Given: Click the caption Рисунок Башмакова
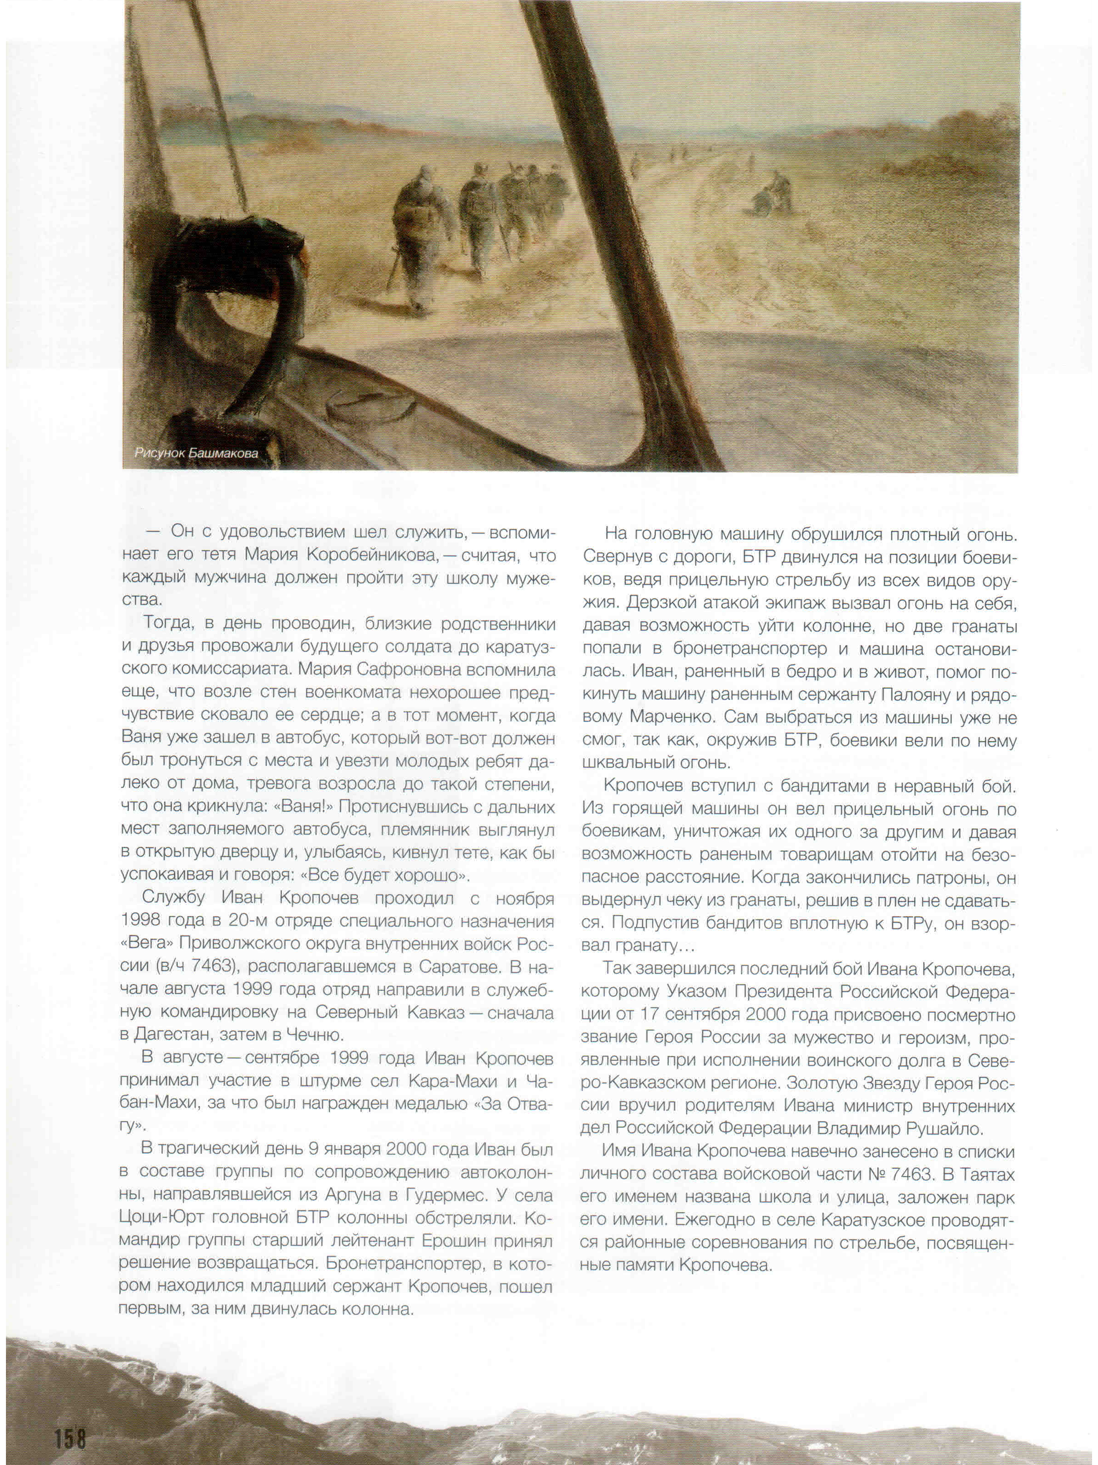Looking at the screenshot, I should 196,454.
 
